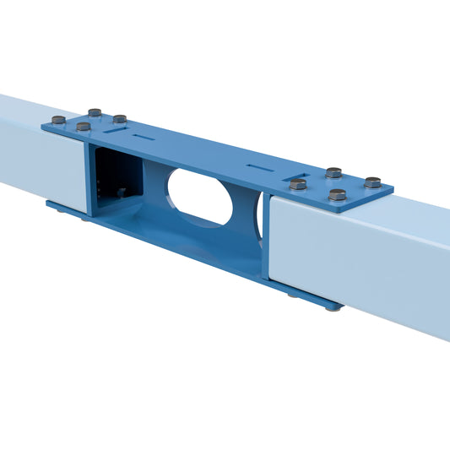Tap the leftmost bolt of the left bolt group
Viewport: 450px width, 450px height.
58,120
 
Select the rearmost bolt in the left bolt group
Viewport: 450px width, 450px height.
95,111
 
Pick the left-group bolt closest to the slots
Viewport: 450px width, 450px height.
120,119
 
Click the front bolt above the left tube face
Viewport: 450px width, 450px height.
83,127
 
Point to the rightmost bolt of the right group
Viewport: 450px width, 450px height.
372,182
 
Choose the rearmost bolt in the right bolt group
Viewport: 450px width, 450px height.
333,172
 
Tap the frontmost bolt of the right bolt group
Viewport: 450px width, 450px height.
338,194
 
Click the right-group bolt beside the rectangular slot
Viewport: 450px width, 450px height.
298,183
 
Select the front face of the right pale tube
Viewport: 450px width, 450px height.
355,262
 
